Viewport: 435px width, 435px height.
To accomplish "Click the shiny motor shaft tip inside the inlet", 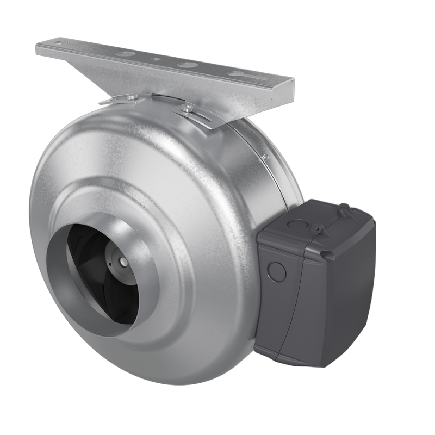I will [123, 261].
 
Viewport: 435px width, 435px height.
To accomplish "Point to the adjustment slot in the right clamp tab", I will [201, 115].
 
